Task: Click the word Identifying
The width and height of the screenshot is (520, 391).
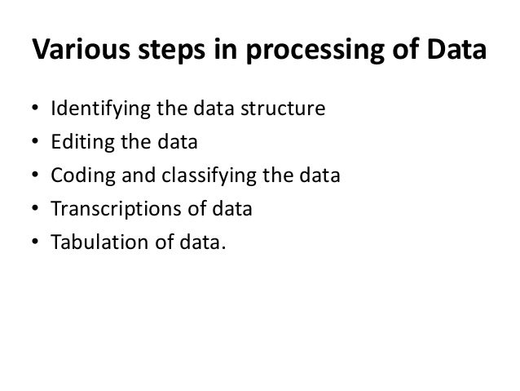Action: click(x=95, y=109)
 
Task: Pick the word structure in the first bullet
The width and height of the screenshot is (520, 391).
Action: click(x=290, y=108)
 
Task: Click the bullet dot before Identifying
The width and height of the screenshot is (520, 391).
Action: click(x=33, y=109)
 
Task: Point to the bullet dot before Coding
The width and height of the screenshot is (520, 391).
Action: click(x=33, y=176)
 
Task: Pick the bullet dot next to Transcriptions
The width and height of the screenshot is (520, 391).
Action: click(x=33, y=210)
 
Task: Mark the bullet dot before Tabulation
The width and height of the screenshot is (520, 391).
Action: click(x=33, y=243)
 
